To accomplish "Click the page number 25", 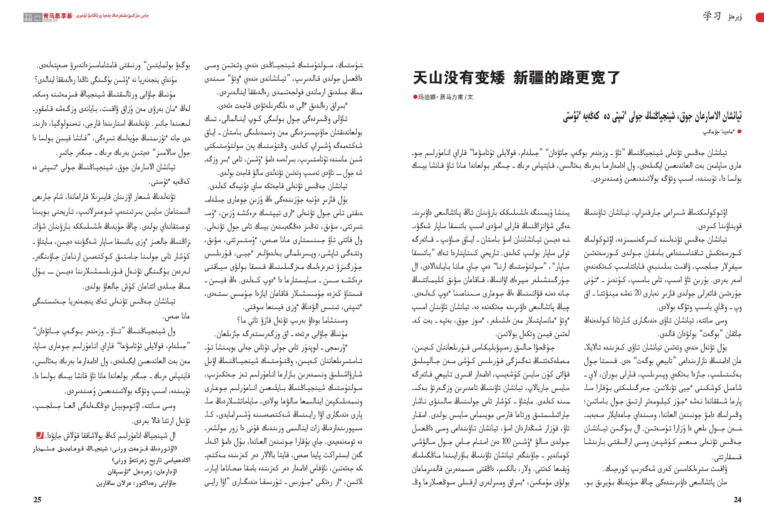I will pos(38,500).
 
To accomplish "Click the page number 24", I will pos(737,500).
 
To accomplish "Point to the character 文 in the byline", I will pos(470,97).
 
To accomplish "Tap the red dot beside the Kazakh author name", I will pos(740,132).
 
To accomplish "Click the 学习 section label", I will pos(712,16).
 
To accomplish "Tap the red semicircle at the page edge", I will pos(760,17).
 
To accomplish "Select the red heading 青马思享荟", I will pos(57,16).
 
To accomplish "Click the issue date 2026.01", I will pos(50,20).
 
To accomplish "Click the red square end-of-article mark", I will pos(39,436).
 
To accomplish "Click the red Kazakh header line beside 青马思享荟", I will pos(112,16).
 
